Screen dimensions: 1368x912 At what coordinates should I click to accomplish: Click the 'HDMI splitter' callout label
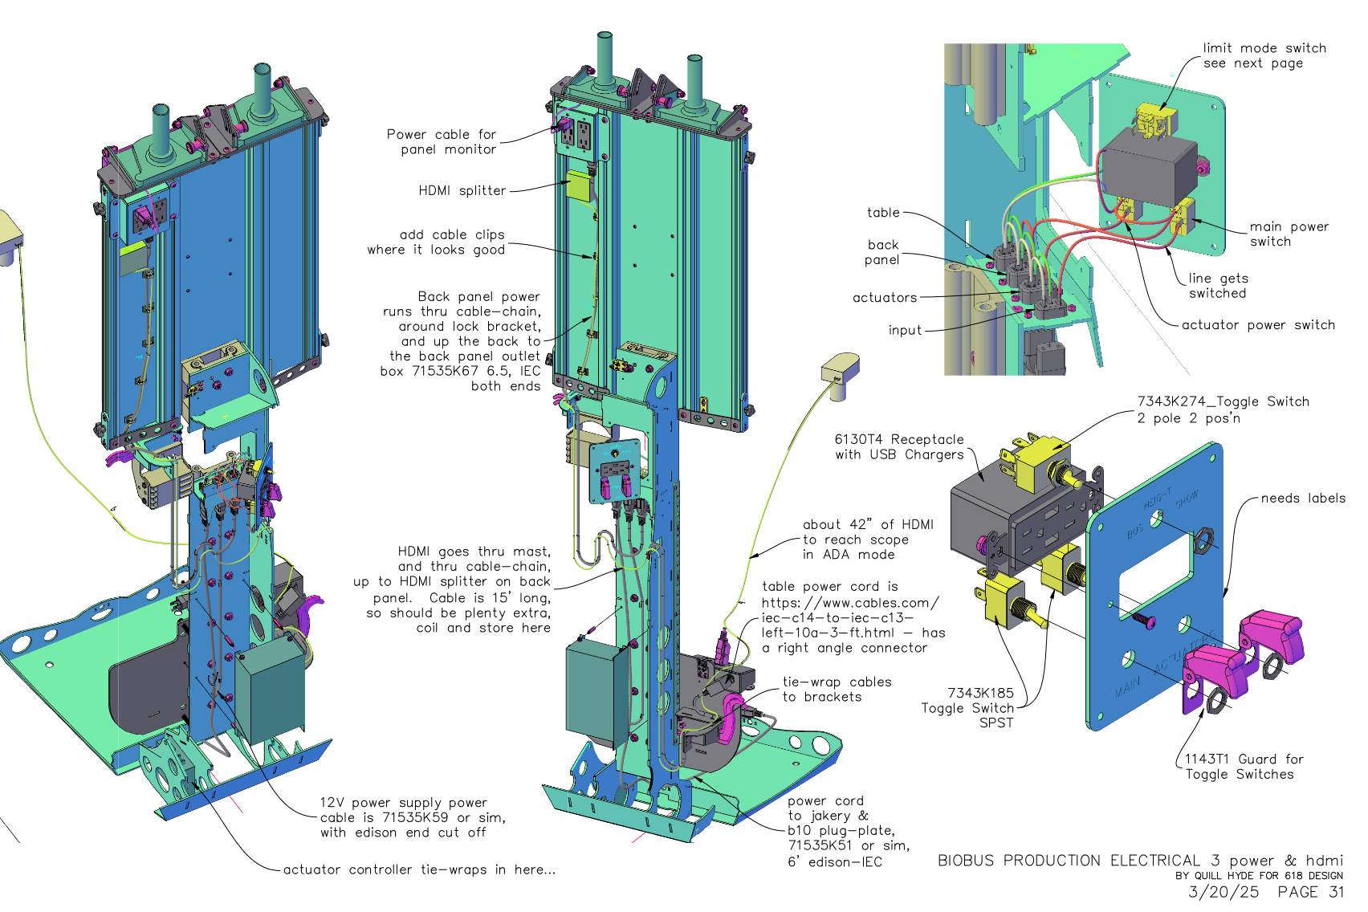[462, 190]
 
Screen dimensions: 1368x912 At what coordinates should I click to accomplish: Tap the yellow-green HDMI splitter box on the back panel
[578, 185]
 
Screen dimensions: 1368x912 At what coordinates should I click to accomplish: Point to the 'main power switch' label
[1289, 234]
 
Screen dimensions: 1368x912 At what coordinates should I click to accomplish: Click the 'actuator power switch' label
[1258, 325]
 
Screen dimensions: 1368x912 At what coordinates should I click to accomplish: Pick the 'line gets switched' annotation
[1219, 286]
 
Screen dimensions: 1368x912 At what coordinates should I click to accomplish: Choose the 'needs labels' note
[1303, 498]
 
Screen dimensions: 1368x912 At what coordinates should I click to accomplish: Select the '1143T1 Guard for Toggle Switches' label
[1244, 767]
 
